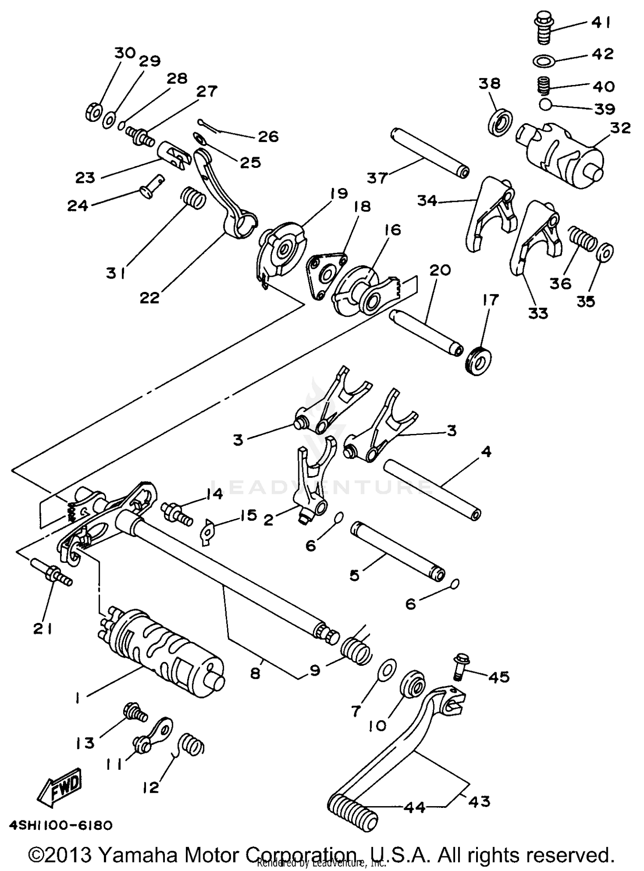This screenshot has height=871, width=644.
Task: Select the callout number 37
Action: click(x=377, y=177)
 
